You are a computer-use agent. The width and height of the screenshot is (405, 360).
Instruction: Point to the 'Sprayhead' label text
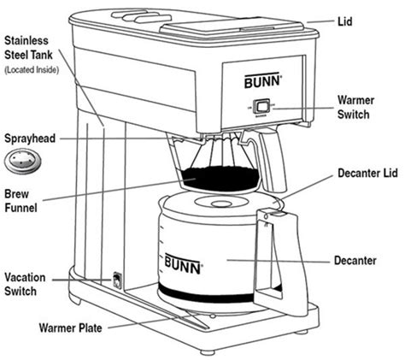[32, 137]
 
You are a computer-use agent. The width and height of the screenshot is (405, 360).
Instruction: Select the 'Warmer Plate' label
[73, 328]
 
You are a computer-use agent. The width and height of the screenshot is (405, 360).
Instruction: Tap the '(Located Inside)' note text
[31, 69]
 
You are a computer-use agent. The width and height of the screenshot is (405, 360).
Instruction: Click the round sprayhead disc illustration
[20, 160]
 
